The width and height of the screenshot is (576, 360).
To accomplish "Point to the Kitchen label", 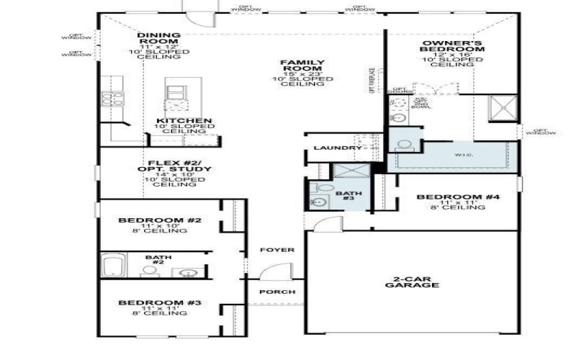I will (x=184, y=121).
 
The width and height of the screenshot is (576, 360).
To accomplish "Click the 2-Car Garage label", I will (x=416, y=282).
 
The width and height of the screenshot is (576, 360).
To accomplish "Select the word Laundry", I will (x=333, y=148).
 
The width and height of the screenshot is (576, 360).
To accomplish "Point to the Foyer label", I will (x=277, y=250).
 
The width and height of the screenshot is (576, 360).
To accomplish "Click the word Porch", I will (x=276, y=292).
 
